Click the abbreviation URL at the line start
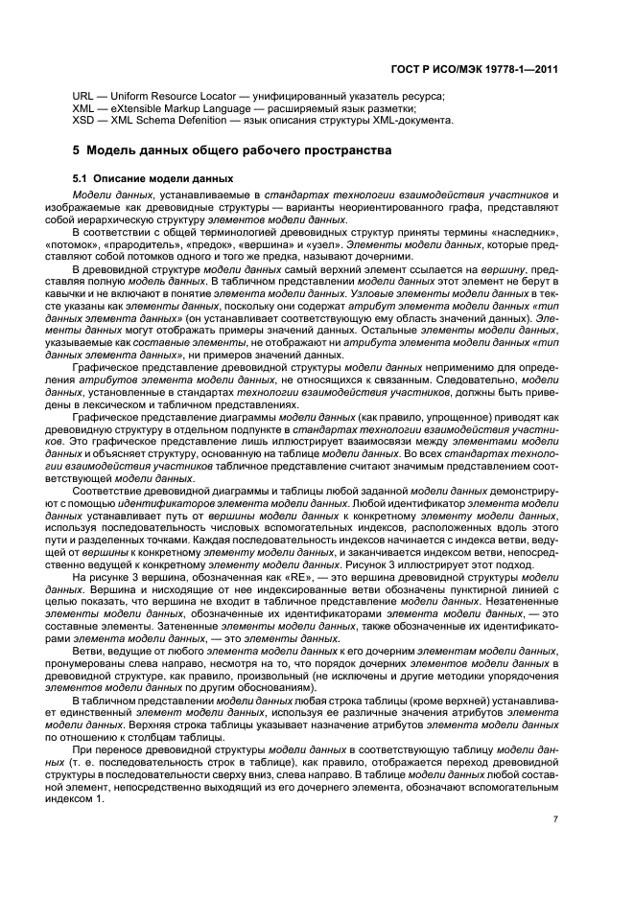click(83, 97)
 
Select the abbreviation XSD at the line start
click(83, 120)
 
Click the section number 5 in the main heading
click(76, 151)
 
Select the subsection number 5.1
click(81, 178)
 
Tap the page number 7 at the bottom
click(555, 817)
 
